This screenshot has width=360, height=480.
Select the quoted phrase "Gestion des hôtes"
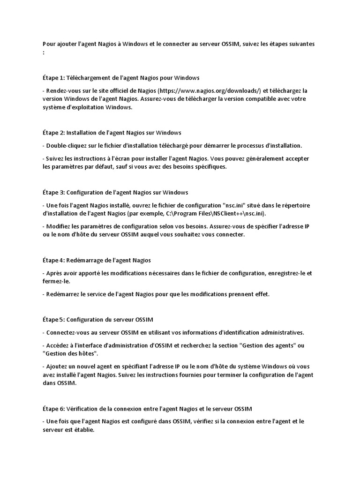tap(70, 353)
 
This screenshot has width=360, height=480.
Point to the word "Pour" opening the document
tap(48, 44)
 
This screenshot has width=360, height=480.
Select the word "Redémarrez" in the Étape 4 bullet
tap(63, 294)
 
